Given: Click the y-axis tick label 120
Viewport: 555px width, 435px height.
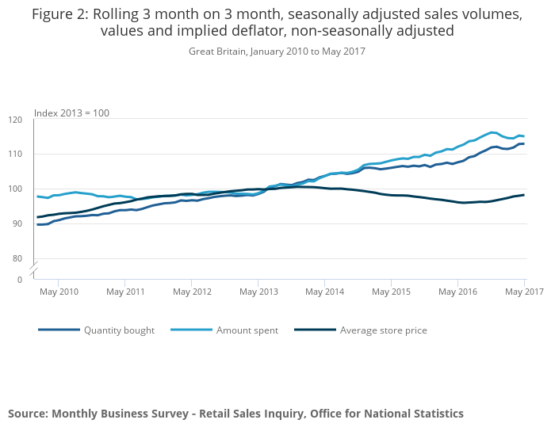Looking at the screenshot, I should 16,120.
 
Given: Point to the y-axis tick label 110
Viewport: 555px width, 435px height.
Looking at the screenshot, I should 16,154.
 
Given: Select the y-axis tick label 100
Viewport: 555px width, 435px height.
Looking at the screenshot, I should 16,189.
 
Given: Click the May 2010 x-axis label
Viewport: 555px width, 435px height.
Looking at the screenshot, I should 59,292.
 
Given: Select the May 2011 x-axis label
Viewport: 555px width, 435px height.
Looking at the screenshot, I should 125,292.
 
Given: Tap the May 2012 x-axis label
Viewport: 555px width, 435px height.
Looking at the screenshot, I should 192,292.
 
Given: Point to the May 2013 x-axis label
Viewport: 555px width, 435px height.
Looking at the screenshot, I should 258,292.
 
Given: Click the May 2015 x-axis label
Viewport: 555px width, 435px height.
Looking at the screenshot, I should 391,292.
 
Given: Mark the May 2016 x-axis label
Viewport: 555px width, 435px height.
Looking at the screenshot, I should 457,292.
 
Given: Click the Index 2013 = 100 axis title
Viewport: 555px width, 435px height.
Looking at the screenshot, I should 71,113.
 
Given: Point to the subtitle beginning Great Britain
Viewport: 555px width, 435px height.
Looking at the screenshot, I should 277,51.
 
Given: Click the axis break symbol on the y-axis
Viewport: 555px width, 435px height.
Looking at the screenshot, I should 34,270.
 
